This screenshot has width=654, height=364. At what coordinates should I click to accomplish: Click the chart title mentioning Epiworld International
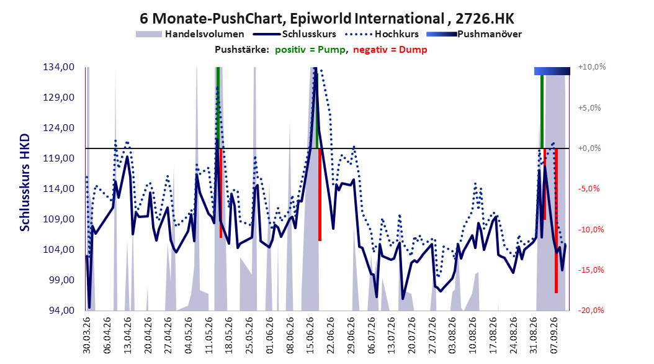tap(327, 19)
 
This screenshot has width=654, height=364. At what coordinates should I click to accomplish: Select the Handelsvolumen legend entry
tap(190, 34)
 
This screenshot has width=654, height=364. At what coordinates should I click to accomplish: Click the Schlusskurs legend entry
tap(295, 34)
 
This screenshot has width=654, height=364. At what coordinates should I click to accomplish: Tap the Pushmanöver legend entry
tap(474, 34)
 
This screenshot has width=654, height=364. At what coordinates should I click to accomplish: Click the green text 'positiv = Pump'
tap(310, 50)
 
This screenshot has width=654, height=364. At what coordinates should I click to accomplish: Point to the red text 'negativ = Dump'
tap(390, 50)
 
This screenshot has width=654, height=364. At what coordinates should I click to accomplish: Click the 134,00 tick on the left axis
tap(59, 67)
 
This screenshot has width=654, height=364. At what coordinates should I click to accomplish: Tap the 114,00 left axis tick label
tap(59, 189)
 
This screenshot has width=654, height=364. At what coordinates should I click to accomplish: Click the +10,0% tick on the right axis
tap(592, 67)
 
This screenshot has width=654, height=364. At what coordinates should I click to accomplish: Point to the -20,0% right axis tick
tap(591, 310)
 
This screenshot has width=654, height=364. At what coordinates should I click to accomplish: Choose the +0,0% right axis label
tap(589, 148)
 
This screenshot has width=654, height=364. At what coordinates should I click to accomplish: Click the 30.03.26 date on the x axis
tap(87, 335)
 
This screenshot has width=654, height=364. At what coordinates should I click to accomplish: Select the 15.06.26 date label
tap(310, 335)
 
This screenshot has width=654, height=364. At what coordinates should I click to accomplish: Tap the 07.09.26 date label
tap(554, 335)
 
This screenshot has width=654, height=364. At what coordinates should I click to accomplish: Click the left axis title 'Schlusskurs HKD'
tap(25, 183)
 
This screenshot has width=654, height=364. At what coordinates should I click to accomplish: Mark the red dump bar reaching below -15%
tap(556, 221)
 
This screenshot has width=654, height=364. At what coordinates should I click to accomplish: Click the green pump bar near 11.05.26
tap(218, 107)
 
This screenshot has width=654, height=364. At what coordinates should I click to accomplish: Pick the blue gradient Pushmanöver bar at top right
tap(552, 71)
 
